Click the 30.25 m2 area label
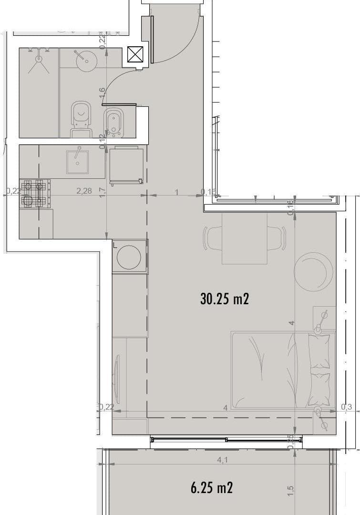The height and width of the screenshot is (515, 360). [x=225, y=299]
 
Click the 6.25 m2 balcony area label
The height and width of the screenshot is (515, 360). [x=212, y=488]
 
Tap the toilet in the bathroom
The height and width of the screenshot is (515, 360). [x=81, y=117]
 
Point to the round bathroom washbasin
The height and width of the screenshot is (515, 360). [x=86, y=59]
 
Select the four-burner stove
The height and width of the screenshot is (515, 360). [x=35, y=193]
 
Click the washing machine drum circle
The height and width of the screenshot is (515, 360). [x=129, y=257]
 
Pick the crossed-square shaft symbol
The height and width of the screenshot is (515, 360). [x=135, y=54]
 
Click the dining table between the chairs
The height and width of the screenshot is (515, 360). [x=245, y=238]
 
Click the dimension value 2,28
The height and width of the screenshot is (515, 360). [x=84, y=191]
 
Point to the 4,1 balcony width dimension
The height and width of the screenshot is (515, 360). [x=223, y=461]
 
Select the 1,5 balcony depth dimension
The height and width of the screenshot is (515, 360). [x=291, y=490]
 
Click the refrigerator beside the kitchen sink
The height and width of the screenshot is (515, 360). [x=126, y=165]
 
